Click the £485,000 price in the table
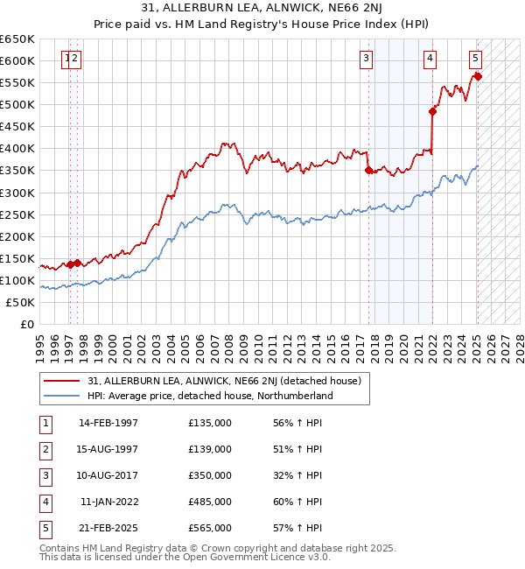pos(210,502)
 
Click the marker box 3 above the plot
pos(366,59)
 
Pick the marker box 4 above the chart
pos(430,59)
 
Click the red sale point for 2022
pos(432,111)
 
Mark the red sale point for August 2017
pos(368,171)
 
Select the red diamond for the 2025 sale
pos(478,76)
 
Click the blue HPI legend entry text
pos(210,396)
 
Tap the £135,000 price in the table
pos(210,423)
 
